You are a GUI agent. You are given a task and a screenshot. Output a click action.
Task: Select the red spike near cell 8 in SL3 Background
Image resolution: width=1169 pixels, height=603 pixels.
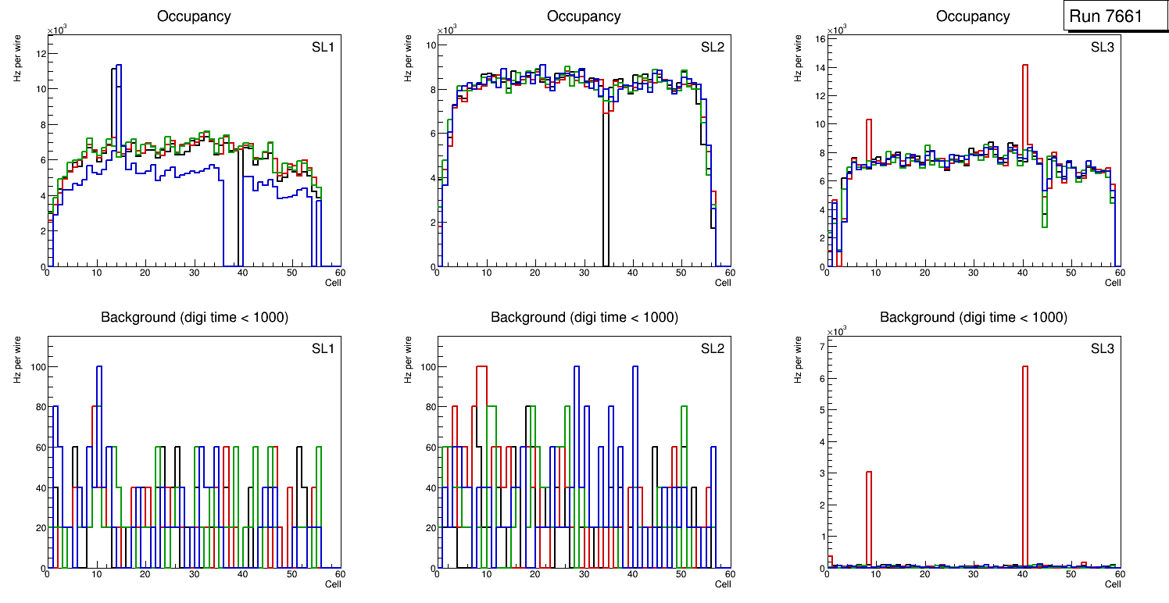coord(868,516)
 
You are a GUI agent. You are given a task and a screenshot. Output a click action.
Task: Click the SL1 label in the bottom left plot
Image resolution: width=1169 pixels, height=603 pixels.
coord(322,348)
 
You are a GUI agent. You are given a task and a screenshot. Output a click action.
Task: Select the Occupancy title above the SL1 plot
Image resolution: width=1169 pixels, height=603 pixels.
coord(194,16)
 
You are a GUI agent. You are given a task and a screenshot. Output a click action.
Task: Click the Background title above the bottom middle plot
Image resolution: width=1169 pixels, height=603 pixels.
coord(584,317)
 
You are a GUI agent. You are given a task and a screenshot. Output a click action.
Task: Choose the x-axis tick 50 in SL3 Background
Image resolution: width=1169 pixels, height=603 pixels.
coord(1071,574)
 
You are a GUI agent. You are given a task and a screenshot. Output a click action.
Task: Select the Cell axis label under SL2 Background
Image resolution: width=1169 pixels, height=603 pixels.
coord(723,584)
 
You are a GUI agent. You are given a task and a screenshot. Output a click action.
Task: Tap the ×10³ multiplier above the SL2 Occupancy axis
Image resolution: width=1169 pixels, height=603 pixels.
coord(447,30)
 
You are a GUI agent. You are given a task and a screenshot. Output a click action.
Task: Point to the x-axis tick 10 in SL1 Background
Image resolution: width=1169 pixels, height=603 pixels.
coord(96,574)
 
